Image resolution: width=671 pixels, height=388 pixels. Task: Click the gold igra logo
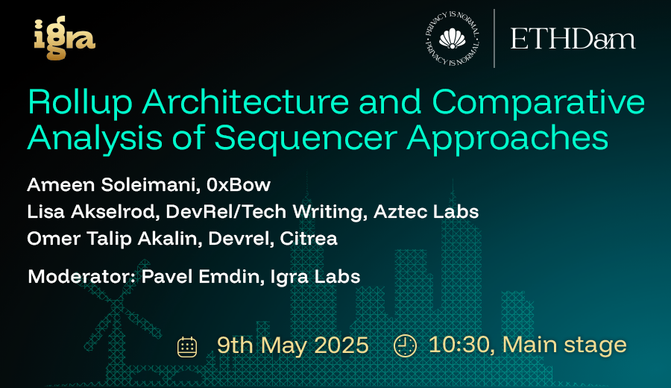[x=65, y=38]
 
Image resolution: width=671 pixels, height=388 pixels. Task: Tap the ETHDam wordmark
[x=573, y=40]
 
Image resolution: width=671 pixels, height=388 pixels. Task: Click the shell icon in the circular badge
[x=453, y=39]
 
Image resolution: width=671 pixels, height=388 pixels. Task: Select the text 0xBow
[x=239, y=185]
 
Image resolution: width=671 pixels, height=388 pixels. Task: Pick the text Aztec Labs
[x=426, y=212]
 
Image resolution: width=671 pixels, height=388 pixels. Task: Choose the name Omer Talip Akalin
[x=114, y=239]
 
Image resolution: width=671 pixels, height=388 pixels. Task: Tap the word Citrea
[x=309, y=239]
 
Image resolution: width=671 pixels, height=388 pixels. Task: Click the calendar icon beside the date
[x=187, y=347]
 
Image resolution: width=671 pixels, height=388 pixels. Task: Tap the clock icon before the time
[x=405, y=345]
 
